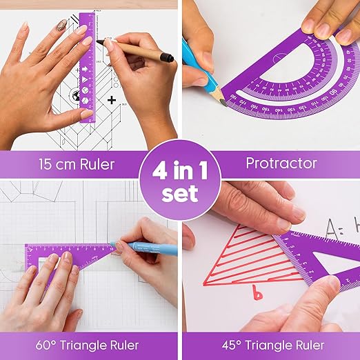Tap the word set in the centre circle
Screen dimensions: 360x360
pyautogui.click(x=180, y=193)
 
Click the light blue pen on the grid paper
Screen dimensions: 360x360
pyautogui.click(x=148, y=250)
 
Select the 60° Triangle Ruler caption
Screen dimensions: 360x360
pyautogui.click(x=90, y=344)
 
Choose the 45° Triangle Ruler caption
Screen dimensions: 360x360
pyautogui.click(x=270, y=344)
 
